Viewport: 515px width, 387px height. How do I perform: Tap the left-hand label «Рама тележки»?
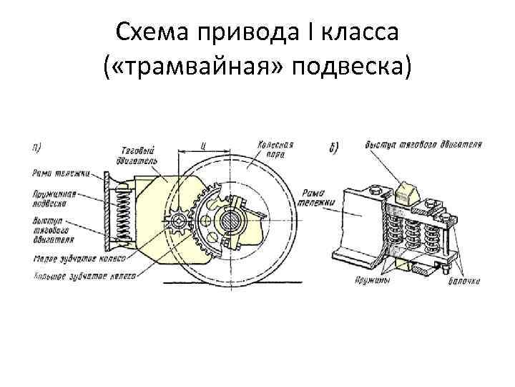tap(51, 172)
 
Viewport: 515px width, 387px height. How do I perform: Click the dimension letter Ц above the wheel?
tap(205, 146)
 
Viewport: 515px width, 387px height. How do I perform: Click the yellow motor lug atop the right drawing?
tap(406, 191)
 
